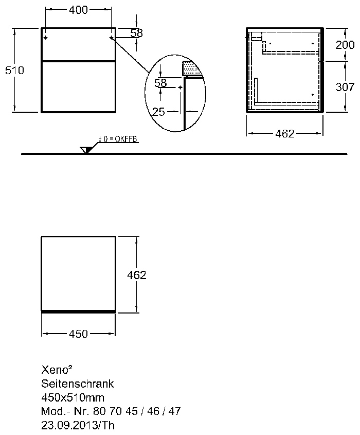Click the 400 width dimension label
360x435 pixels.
click(79, 10)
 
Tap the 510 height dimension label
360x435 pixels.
click(15, 70)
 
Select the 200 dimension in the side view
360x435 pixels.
click(345, 45)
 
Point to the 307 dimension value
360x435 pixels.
click(345, 87)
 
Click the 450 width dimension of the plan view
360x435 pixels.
click(79, 334)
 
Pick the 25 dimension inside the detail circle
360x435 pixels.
click(159, 112)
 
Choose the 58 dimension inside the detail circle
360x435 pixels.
click(160, 83)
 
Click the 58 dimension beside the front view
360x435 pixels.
click(137, 33)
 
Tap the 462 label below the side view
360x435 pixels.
click(285, 134)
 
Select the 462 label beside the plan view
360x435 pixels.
click(137, 275)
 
